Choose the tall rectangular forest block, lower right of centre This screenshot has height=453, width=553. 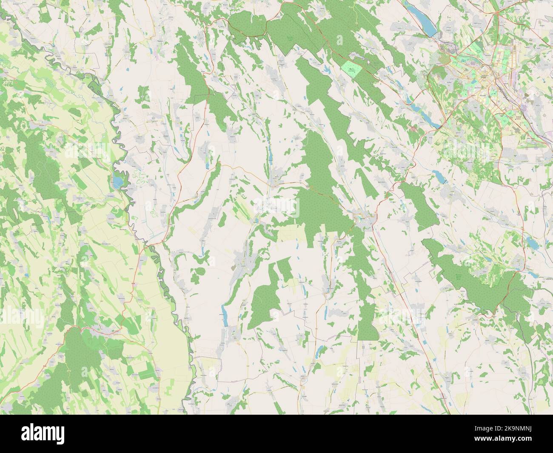point(367,323)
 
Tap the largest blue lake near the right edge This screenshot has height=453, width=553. point(532,242)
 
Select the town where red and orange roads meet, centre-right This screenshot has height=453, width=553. point(364,221)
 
